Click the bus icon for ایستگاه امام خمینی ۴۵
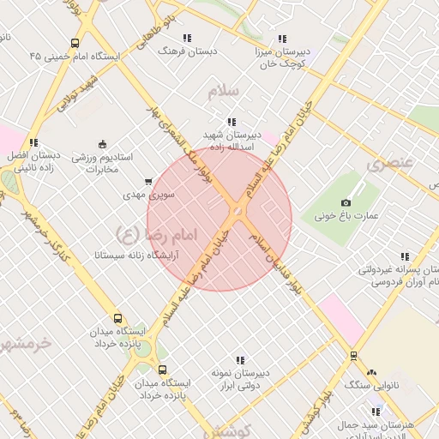75,43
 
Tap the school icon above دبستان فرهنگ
187,39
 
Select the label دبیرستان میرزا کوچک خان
281,57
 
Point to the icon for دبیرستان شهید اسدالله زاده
229,122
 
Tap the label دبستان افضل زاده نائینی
33,162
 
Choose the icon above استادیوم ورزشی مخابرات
103,143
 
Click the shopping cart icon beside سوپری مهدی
149,182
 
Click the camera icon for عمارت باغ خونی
346,201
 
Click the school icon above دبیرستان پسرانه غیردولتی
404,256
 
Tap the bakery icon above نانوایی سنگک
370,373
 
